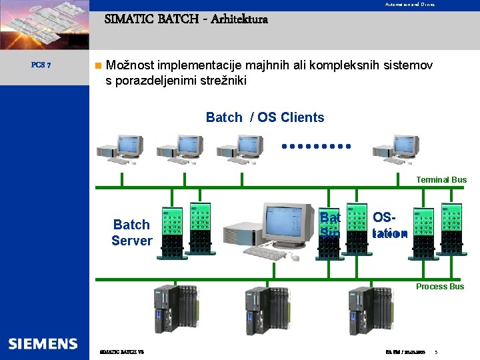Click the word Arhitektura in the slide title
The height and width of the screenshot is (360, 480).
click(x=239, y=19)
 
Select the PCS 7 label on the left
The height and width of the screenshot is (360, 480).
click(x=47, y=65)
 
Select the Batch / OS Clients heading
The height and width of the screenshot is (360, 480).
click(x=265, y=117)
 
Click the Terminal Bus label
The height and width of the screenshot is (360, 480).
click(x=441, y=179)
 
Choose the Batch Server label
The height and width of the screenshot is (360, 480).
click(x=131, y=233)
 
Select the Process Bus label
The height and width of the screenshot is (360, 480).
click(x=440, y=286)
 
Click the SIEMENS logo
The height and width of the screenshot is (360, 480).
click(x=43, y=343)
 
